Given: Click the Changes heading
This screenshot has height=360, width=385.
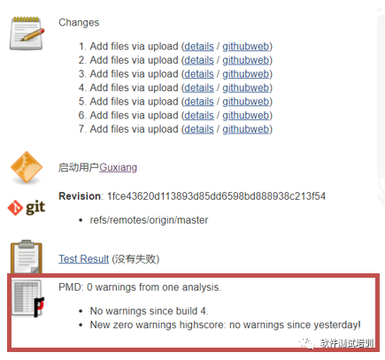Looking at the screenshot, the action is tap(79, 23).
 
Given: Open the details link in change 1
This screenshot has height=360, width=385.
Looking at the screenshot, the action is tap(199, 47).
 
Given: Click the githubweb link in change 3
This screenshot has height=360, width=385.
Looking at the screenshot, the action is tap(246, 74).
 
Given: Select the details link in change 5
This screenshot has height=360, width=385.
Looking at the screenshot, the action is tap(199, 102).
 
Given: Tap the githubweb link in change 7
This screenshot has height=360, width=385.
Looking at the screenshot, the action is tap(246, 129).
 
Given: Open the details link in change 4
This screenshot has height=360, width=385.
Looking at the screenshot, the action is tap(199, 88).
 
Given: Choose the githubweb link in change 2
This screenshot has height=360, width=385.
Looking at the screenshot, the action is tap(246, 60).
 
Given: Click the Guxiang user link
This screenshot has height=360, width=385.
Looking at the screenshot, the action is tap(118, 167).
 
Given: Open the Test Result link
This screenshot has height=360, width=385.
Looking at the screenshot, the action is tap(83, 259).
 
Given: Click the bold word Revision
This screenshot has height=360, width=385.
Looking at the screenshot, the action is tap(80, 196).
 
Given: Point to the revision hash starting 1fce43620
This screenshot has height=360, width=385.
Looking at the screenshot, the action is tap(216, 196).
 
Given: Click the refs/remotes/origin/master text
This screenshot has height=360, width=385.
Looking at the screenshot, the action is tap(149, 220).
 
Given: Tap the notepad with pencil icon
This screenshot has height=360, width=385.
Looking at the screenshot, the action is tap(27, 33).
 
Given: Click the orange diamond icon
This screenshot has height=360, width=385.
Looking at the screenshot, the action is tap(27, 167).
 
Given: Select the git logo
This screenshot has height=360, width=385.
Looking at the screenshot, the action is tap(27, 208).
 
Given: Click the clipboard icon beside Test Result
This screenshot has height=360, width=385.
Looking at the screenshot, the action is tap(27, 257).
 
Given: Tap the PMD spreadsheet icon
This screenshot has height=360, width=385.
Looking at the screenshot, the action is tap(27, 298).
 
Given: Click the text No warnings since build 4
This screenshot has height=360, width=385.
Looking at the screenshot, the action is tap(149, 311).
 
